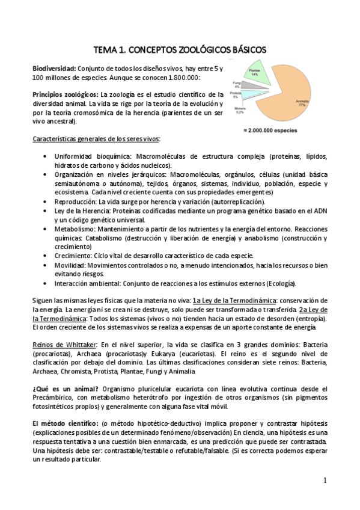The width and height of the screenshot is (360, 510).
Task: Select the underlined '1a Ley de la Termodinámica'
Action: pos(236,300)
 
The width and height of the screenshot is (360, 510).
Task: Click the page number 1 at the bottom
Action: pos(325,480)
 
